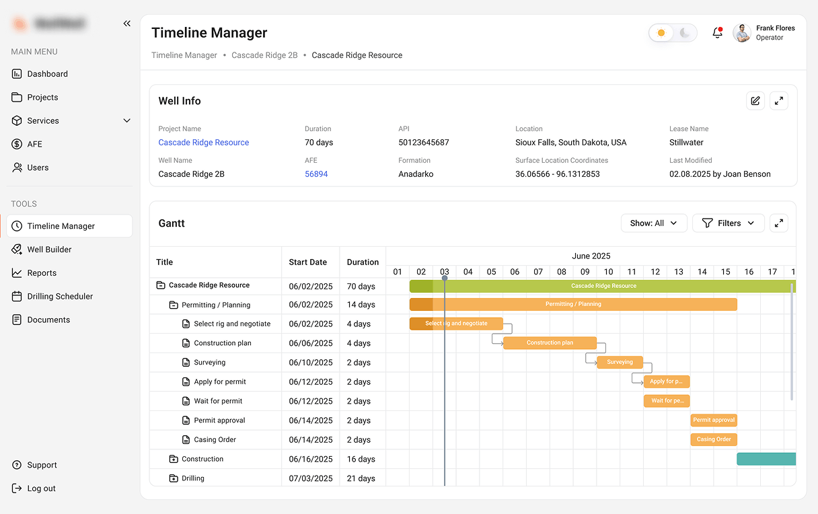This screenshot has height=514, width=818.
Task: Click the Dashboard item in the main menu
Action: pyautogui.click(x=47, y=74)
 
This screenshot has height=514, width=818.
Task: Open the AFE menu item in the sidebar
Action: pyautogui.click(x=34, y=144)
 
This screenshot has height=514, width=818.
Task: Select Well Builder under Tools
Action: pyautogui.click(x=49, y=250)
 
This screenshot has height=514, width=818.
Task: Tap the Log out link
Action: pyautogui.click(x=41, y=488)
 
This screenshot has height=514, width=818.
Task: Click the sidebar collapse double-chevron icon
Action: pyautogui.click(x=127, y=24)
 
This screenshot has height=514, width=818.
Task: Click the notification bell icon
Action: pyautogui.click(x=717, y=33)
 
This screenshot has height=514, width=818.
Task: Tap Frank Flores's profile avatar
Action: pyautogui.click(x=742, y=33)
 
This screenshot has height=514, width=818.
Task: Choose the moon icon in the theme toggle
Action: pyautogui.click(x=685, y=33)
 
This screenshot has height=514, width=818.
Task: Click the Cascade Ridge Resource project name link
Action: pyautogui.click(x=203, y=143)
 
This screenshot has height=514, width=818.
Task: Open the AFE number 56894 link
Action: pyautogui.click(x=316, y=174)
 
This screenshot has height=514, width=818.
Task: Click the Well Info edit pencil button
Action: pyautogui.click(x=755, y=101)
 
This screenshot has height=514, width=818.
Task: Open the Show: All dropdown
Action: pyautogui.click(x=654, y=223)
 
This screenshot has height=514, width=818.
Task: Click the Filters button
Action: pyautogui.click(x=729, y=223)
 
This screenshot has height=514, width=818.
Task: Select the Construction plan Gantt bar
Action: pyautogui.click(x=550, y=343)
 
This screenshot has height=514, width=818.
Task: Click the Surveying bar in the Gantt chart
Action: pyautogui.click(x=620, y=363)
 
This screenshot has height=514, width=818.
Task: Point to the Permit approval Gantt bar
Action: pyautogui.click(x=714, y=420)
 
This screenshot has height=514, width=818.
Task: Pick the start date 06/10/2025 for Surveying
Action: pyautogui.click(x=311, y=363)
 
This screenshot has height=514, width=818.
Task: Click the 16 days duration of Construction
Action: pyautogui.click(x=361, y=460)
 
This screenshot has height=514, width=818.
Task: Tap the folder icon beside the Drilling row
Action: pyautogui.click(x=174, y=479)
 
